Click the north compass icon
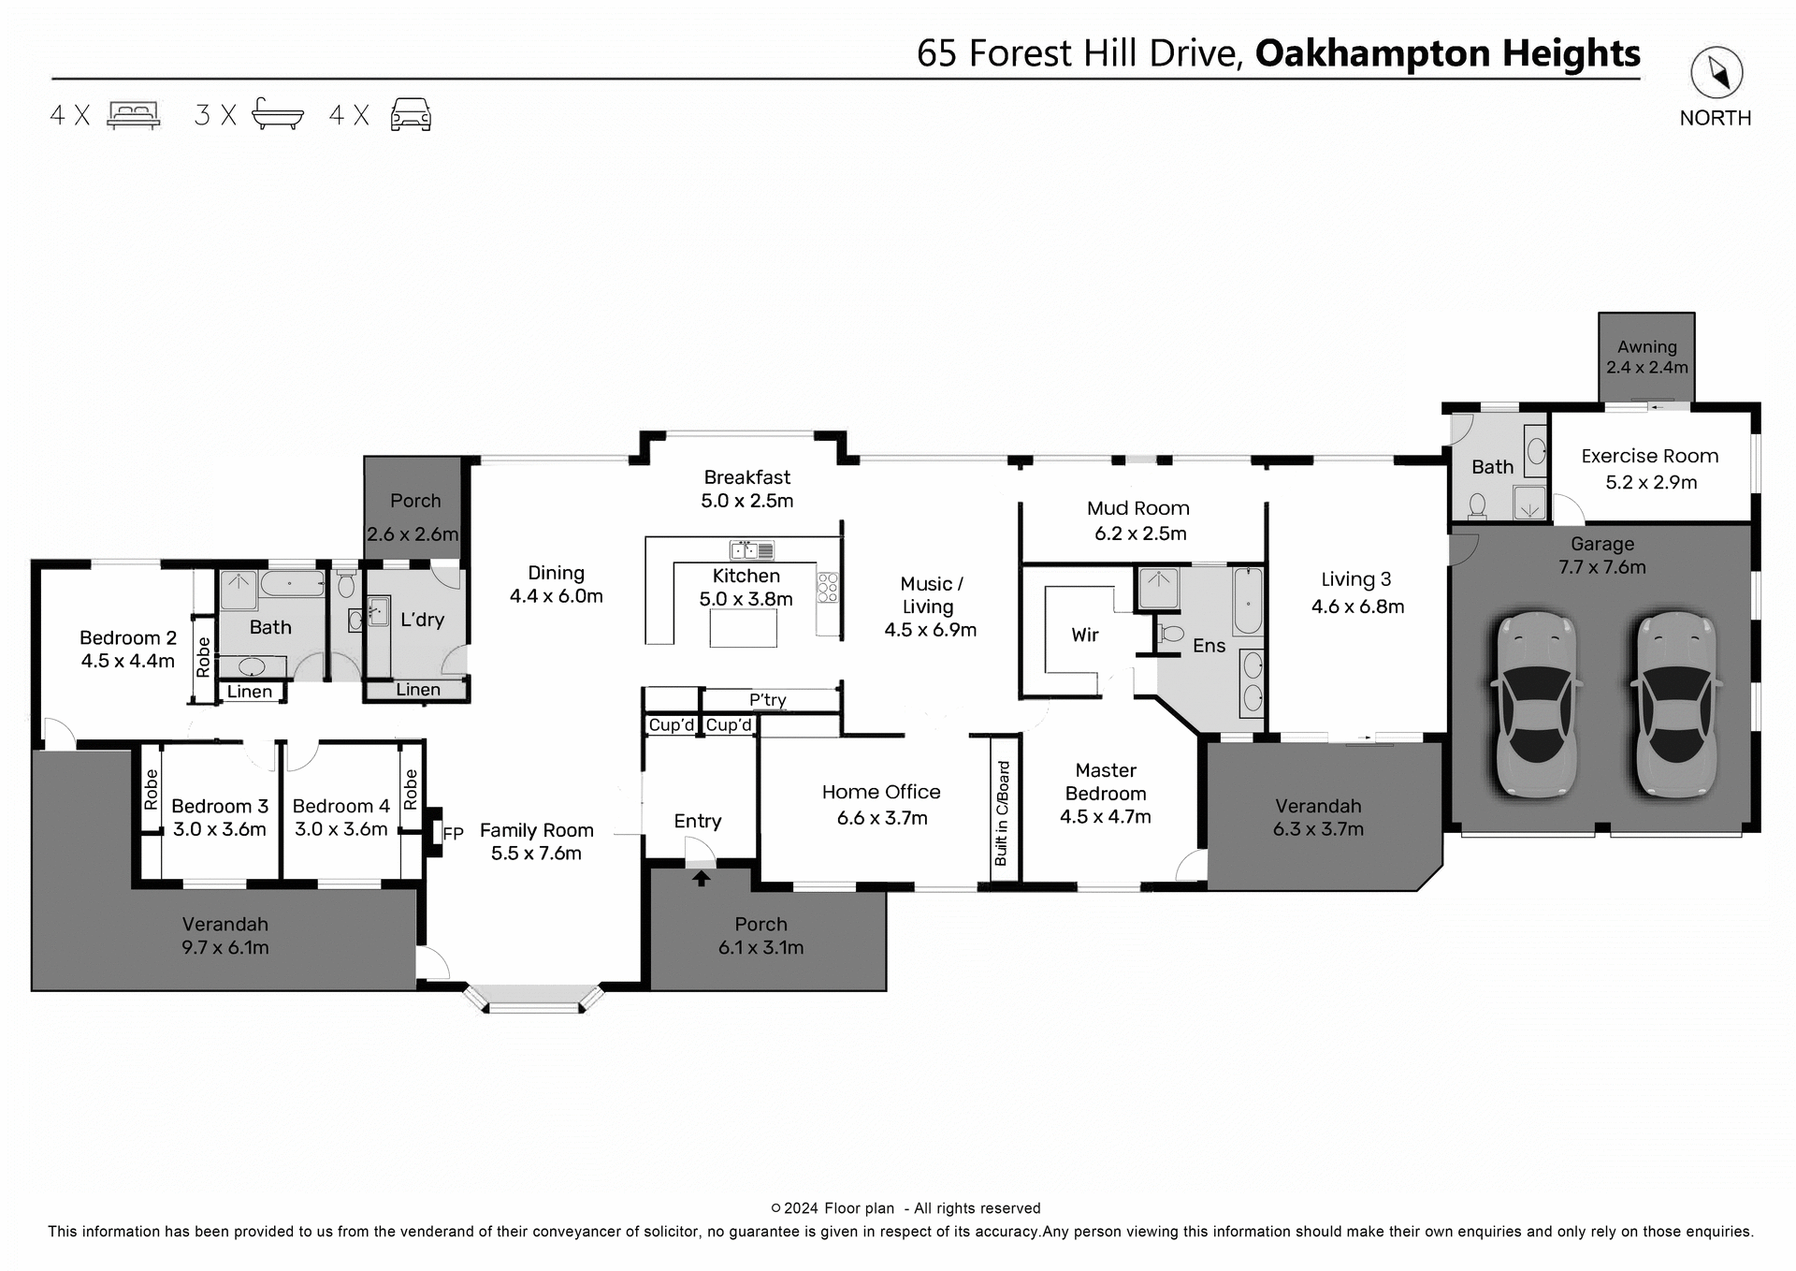[1716, 73]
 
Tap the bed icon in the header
[134, 114]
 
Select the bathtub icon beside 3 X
[278, 113]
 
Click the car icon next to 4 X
[411, 114]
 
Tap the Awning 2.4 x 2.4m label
[1646, 357]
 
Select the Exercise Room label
[1649, 456]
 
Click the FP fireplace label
[453, 833]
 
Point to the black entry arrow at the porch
[701, 878]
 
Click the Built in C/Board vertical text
[1003, 812]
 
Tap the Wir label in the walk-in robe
[1084, 635]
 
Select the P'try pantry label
[767, 700]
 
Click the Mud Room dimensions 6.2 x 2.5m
[1139, 533]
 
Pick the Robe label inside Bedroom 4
[411, 789]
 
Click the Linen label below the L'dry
[417, 690]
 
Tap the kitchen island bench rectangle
[743, 628]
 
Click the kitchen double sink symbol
[751, 549]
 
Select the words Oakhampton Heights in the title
[1447, 53]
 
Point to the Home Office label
[880, 792]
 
